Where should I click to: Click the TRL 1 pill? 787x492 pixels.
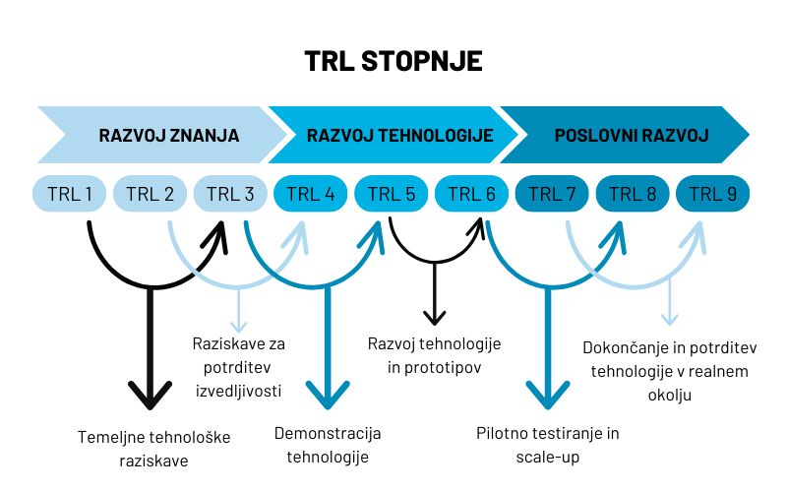coord(70,194)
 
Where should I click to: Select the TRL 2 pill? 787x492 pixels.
coord(150,194)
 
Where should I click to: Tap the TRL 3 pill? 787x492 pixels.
coord(230,194)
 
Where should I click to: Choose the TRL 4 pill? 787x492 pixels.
coord(311,194)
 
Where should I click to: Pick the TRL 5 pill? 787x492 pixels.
coord(391,194)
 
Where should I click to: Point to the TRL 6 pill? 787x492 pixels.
coord(471,194)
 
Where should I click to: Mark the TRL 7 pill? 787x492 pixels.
coord(552,194)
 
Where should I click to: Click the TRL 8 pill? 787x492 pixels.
coord(633,194)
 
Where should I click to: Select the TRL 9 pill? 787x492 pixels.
coord(712,194)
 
